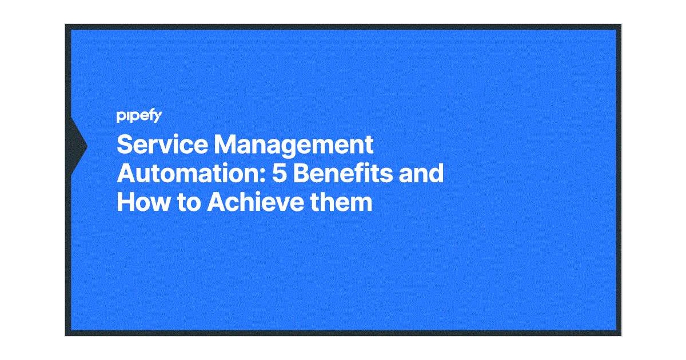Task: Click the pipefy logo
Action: click(x=139, y=117)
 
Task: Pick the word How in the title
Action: click(x=139, y=202)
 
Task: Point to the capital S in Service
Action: click(x=125, y=145)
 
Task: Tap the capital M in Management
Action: click(x=226, y=145)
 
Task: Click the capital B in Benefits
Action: click(x=300, y=174)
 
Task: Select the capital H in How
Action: click(x=126, y=202)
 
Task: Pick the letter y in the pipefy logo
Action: click(x=158, y=118)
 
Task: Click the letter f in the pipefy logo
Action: click(x=150, y=116)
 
